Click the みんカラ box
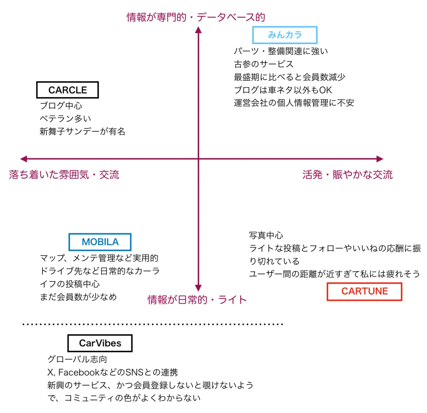[285, 35]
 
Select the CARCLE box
[67, 90]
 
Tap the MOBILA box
[100, 242]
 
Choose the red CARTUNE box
[364, 292]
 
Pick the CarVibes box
[100, 343]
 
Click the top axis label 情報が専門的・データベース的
[195, 17]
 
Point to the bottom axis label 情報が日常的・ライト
[197, 300]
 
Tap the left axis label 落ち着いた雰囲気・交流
[64, 175]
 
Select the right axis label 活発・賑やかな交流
[347, 175]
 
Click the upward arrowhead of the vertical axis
[198, 30]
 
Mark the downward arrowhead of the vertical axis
[198, 288]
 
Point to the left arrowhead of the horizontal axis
[24, 159]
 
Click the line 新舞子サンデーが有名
[82, 131]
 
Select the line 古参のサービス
[264, 64]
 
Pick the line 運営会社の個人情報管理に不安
[294, 103]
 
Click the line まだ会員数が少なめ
[78, 297]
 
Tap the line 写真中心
[266, 235]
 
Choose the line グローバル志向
[77, 359]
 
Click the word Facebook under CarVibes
[79, 372]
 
